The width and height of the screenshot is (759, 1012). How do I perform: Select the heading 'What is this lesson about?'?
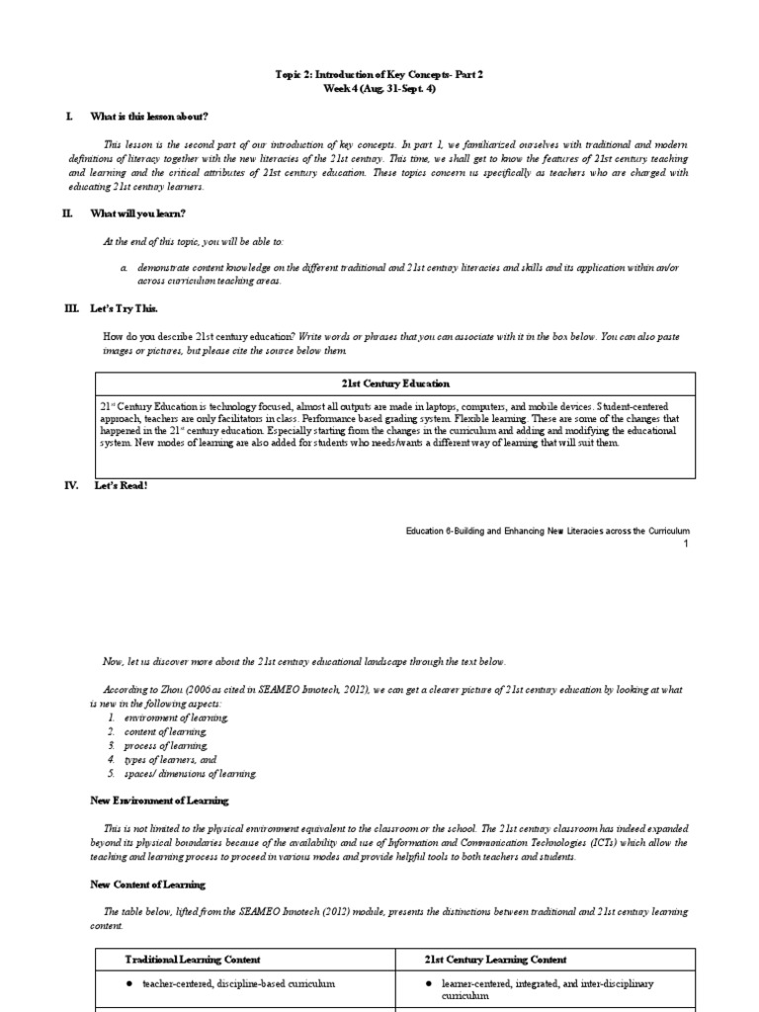(x=149, y=117)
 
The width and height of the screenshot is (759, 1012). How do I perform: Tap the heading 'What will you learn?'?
(x=137, y=213)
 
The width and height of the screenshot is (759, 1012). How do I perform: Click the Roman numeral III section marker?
(x=70, y=309)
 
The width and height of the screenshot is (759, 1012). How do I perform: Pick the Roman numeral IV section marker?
(x=70, y=485)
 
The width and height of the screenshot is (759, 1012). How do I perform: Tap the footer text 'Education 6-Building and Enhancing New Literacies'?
(x=548, y=531)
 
